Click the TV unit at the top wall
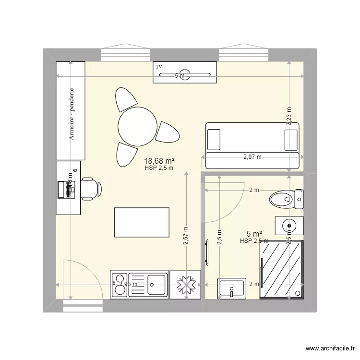[185, 72]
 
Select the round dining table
[137, 126]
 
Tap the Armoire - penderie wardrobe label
[72, 114]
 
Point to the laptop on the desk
[65, 190]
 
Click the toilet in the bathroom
[283, 198]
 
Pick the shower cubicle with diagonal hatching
[281, 270]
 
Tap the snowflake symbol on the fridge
[185, 285]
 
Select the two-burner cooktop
[120, 284]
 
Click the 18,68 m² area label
[159, 161]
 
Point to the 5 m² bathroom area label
[254, 234]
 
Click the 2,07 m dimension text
[252, 156]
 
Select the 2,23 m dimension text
[289, 116]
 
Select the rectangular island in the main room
[142, 222]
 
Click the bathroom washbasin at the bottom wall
[232, 288]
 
